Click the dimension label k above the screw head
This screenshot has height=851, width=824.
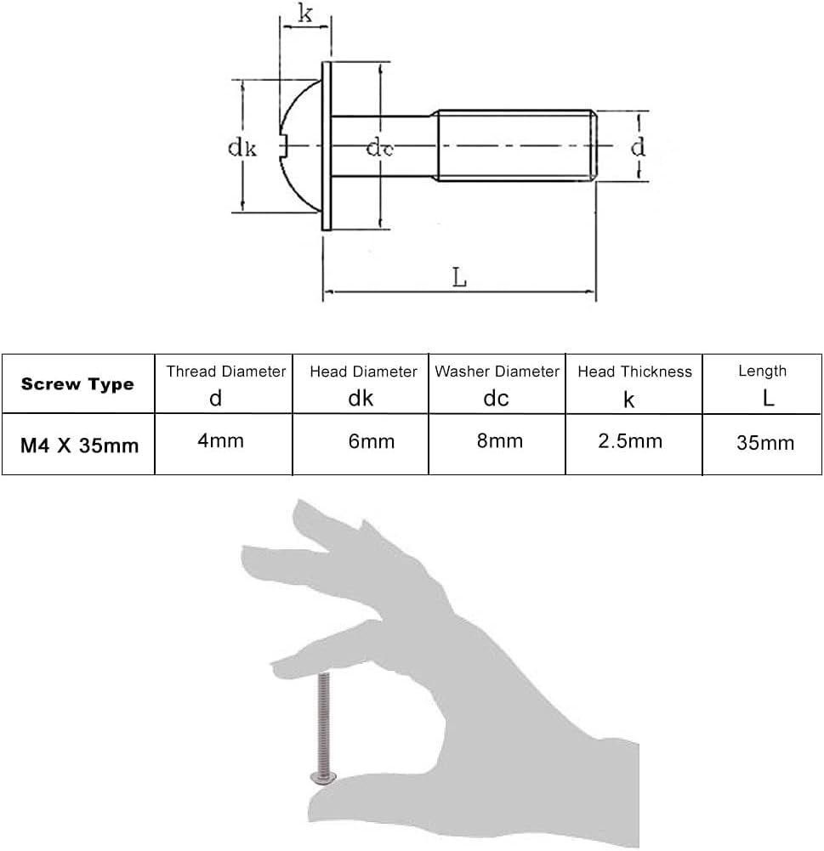304,14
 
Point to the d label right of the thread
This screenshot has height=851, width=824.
638,147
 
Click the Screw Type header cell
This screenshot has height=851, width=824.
77,384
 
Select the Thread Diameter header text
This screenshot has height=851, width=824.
225,372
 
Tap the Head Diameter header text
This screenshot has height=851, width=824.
363,372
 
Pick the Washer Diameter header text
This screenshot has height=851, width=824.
497,372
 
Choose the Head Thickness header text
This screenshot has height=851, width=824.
634,372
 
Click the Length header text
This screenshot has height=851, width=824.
762,371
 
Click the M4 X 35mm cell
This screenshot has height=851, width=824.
80,445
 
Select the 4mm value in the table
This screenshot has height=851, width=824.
220,441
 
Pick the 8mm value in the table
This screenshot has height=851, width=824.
500,441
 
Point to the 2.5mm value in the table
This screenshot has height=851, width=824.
629,441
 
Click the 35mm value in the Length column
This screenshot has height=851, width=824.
766,443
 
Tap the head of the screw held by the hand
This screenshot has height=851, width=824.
322,776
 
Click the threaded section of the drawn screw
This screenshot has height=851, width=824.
514,146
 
